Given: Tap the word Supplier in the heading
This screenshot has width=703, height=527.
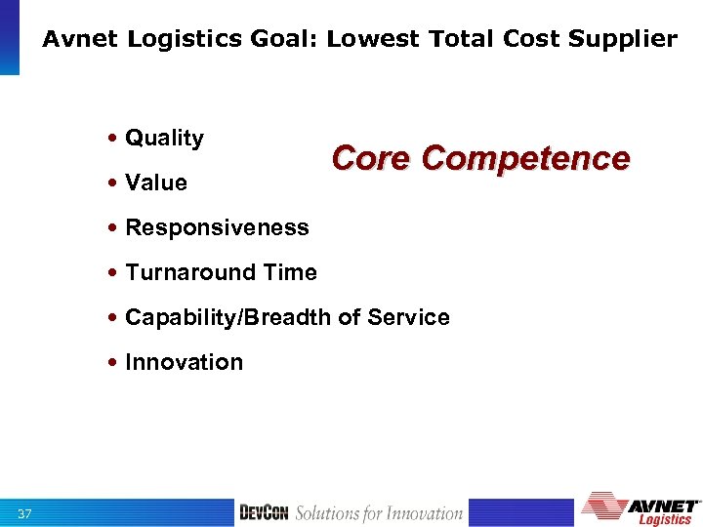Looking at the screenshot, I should pos(625,39).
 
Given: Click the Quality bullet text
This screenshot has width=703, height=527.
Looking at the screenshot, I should pos(164,139).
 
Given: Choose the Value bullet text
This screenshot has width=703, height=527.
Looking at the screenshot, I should pos(156,182).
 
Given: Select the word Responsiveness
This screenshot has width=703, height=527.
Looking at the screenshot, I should pos(217,227).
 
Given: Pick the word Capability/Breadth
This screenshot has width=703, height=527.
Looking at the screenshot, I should pos(220,317).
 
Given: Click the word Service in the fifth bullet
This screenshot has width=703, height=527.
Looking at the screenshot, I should pos(410,317).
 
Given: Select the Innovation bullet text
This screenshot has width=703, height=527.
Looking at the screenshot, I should pos(184,362).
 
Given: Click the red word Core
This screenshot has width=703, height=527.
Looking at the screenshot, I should pos(372,158).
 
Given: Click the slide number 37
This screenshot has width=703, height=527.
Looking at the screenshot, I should pos(25,513).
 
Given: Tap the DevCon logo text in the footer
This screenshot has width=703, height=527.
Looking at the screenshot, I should pos(265,513).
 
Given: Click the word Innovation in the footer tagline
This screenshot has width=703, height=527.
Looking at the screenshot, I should pos(424,513).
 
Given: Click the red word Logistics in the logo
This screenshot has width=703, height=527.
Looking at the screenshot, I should pos(666,519).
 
